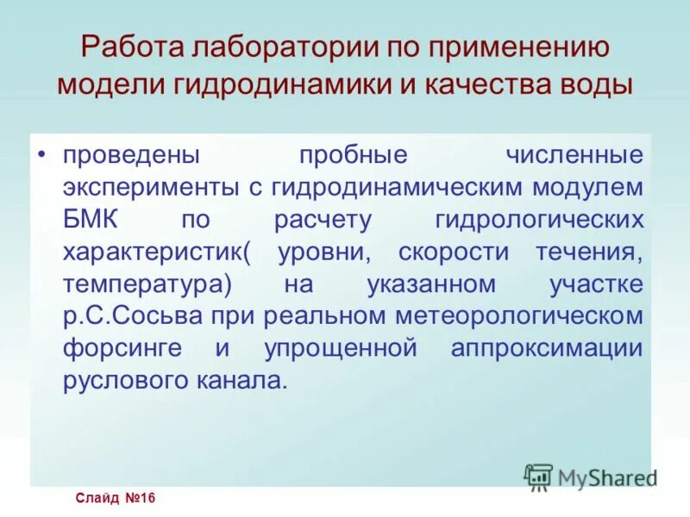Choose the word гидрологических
(540, 219)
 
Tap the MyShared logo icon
(538, 476)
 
